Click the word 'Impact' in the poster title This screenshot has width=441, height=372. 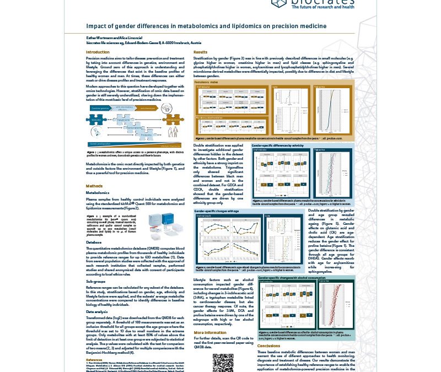tap(95, 25)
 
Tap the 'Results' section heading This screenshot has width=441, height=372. tap(200, 52)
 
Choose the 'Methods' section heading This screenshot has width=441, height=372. tap(94, 186)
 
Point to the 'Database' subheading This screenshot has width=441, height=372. tap(94, 242)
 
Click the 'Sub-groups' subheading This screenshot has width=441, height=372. tap(95, 281)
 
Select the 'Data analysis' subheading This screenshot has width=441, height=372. tap(97, 311)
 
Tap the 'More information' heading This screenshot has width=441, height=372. tap(210, 333)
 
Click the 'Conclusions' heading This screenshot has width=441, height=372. tap(268, 346)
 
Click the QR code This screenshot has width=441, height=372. tap(223, 362)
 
